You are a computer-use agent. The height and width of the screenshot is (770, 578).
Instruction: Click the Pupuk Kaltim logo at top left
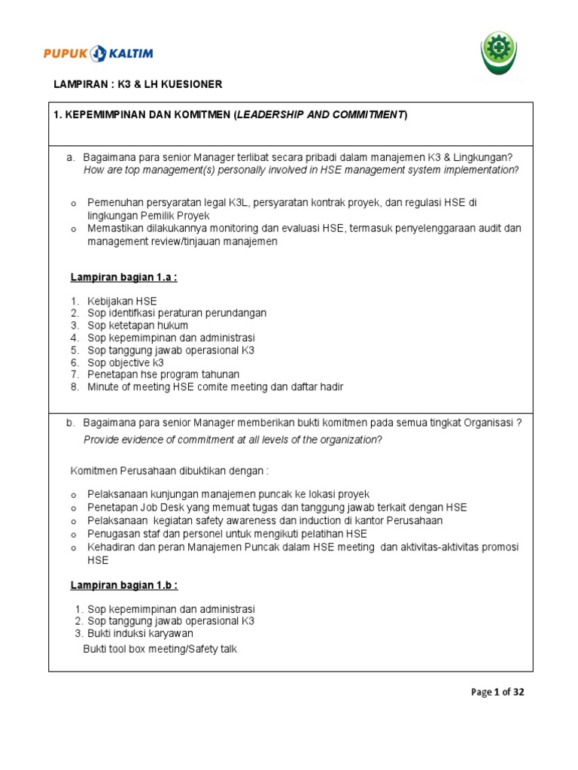coord(98,53)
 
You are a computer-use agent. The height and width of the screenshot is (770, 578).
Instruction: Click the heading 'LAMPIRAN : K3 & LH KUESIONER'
coord(138,85)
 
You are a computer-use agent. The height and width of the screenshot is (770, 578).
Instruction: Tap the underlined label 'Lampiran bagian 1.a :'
coord(123,277)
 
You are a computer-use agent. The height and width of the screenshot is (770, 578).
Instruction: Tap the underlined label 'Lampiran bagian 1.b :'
coord(124,585)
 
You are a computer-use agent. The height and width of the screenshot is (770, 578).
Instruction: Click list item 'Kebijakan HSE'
coord(122,301)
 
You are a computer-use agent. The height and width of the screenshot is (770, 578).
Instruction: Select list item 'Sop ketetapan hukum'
coord(138,325)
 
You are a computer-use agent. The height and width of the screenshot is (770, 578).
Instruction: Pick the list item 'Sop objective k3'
coord(126,362)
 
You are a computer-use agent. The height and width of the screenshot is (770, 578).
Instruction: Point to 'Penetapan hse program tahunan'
coord(163,374)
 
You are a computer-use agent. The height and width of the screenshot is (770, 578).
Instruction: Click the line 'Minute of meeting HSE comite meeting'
coord(215,387)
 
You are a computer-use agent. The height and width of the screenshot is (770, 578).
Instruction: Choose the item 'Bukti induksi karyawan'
coord(140,633)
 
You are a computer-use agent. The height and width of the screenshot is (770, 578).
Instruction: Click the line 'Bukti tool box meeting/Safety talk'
coord(160,648)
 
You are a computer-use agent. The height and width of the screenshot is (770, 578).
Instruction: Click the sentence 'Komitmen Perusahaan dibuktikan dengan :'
coord(169,471)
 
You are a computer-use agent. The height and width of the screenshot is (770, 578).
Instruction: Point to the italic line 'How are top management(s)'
coord(301,170)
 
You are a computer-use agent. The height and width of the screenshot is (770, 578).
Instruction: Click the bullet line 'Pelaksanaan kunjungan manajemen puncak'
coord(228,494)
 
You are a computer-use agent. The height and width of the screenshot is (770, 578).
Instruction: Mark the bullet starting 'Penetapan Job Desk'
coord(277,507)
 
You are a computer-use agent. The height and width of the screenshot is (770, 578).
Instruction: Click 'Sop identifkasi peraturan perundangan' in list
coord(177,313)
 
